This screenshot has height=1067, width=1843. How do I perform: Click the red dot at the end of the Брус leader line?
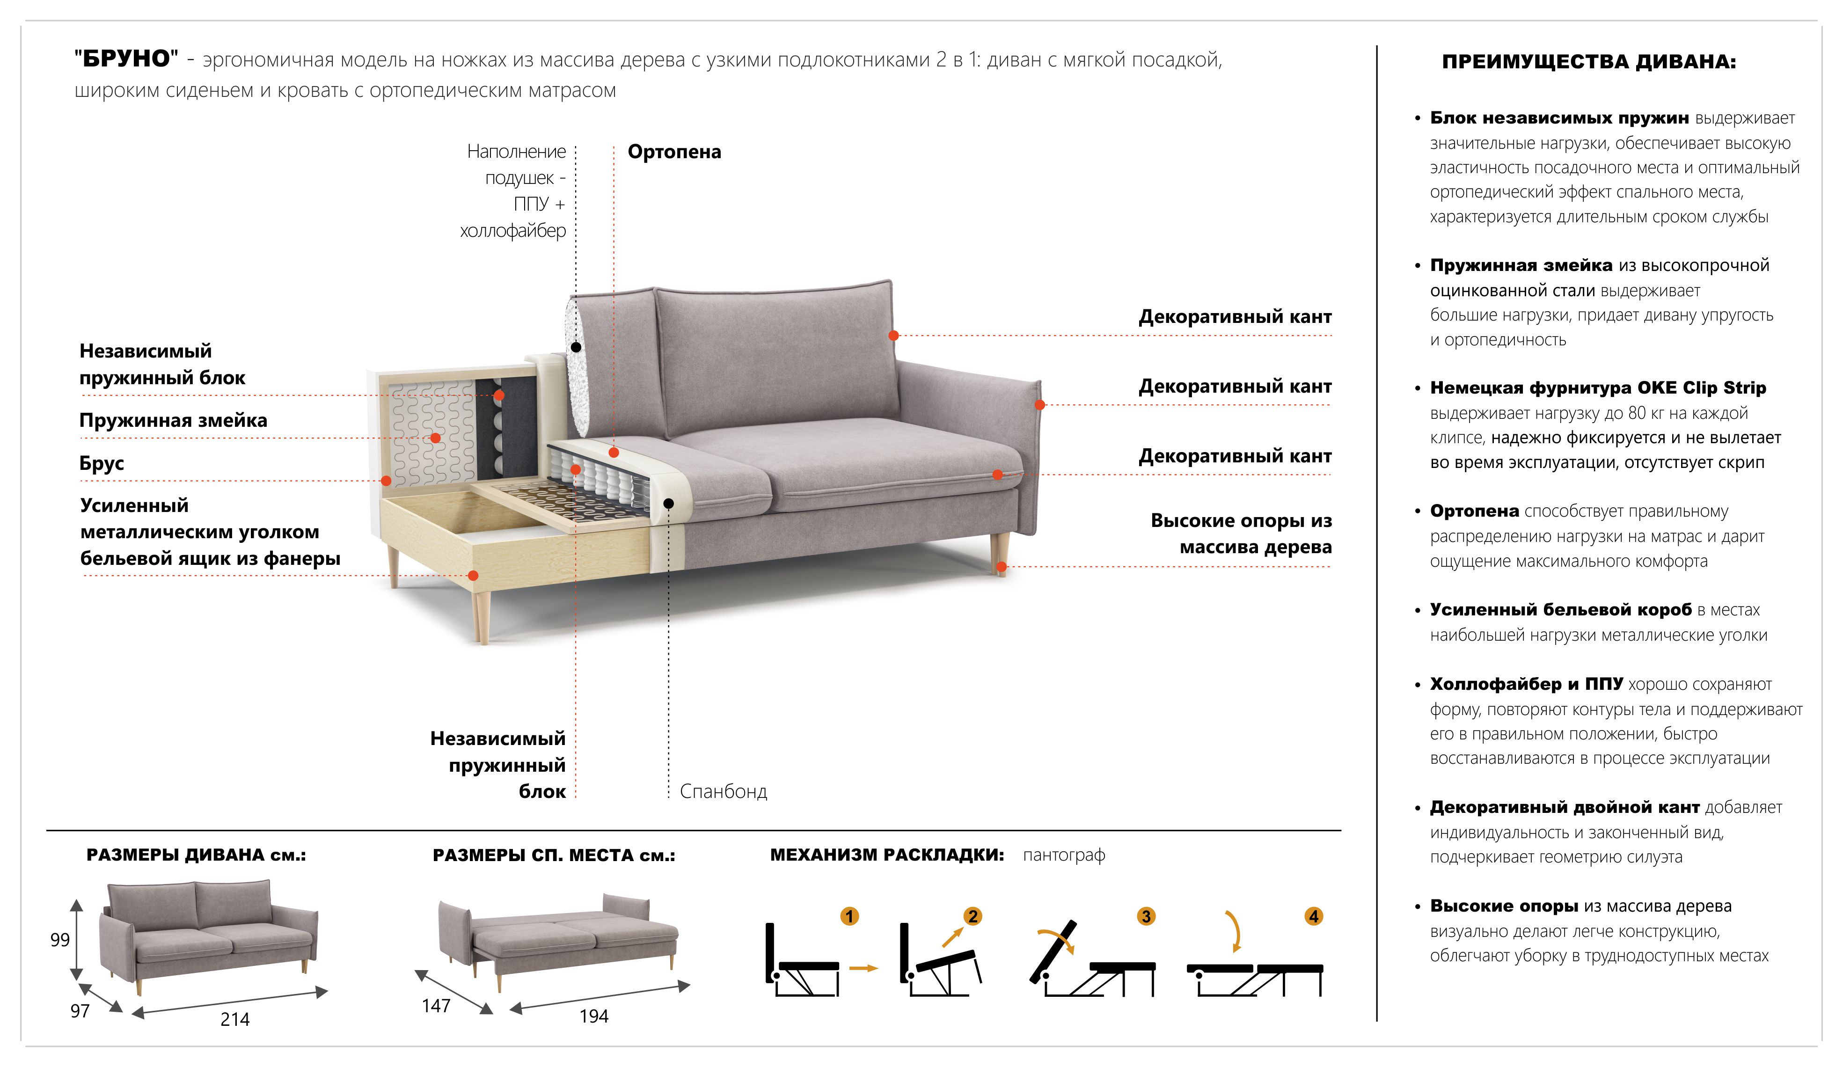[386, 481]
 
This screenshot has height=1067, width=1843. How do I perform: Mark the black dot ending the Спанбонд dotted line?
[668, 504]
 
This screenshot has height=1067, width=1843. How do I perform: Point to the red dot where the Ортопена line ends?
[614, 453]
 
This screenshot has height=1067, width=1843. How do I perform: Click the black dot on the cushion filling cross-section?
[576, 347]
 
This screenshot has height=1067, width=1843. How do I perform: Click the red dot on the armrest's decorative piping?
[1039, 404]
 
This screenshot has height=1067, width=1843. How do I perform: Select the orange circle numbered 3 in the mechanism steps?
[1146, 916]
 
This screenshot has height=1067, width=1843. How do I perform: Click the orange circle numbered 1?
[849, 916]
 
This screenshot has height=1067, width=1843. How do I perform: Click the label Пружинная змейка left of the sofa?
[173, 421]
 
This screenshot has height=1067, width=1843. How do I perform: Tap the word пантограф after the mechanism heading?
[1064, 855]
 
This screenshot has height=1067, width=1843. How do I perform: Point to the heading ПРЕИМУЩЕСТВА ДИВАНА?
[1589, 61]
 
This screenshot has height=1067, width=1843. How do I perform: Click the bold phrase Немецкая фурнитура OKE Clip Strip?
[1598, 387]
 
